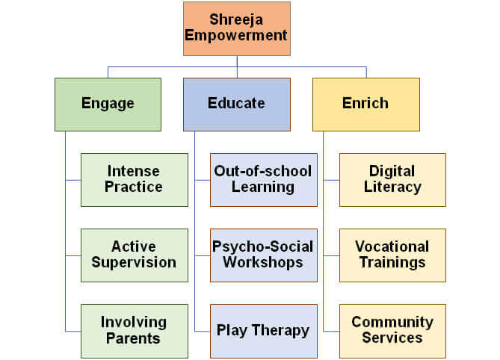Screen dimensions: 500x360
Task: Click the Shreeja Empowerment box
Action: (237, 28)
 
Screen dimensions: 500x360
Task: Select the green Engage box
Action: (108, 105)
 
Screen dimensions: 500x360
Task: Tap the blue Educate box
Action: (237, 105)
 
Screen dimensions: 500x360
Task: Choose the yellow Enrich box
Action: (366, 105)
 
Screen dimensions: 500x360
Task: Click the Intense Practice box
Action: (135, 180)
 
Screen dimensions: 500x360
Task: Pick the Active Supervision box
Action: (135, 255)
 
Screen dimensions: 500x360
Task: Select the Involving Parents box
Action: (135, 331)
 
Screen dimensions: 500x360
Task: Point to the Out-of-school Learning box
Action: (263, 180)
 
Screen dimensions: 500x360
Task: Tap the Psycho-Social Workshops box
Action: (263, 255)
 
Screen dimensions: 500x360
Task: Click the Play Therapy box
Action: (263, 331)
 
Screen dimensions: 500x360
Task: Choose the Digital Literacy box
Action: (392, 180)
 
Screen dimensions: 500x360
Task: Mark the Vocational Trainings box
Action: (392, 255)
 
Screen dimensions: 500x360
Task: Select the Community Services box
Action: (392, 331)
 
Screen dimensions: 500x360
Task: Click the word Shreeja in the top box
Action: (236, 20)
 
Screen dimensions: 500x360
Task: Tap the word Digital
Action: (392, 172)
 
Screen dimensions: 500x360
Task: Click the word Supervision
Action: (134, 263)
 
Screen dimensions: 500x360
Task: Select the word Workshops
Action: (263, 263)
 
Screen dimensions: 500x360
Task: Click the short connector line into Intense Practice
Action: (73, 180)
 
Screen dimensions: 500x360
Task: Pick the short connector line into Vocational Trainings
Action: (331, 255)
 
